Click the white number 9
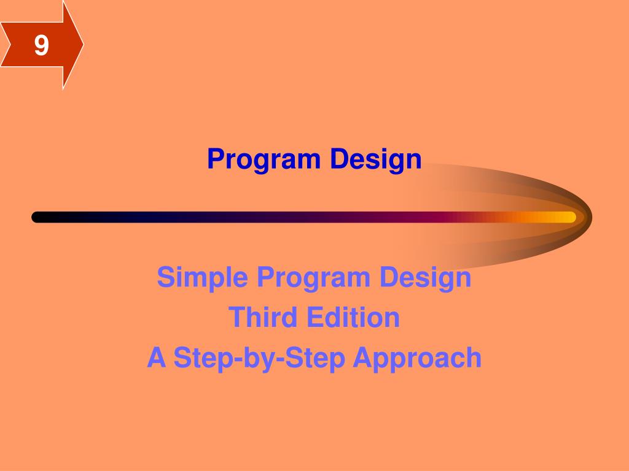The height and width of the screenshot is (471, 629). tap(41, 45)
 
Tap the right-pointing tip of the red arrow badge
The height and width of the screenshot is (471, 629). tap(82, 45)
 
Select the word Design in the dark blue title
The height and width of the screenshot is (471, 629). tap(376, 159)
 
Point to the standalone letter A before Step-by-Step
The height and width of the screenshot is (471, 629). tap(157, 358)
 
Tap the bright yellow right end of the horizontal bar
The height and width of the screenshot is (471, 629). tap(568, 217)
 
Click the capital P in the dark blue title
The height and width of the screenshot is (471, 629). tap(214, 159)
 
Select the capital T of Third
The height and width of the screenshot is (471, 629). tap(236, 317)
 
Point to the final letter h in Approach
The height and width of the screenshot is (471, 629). tap(474, 358)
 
